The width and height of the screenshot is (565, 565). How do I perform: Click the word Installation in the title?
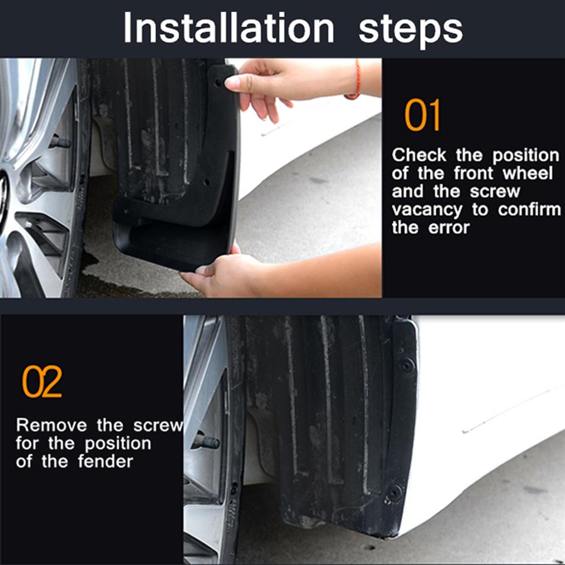tap(229, 28)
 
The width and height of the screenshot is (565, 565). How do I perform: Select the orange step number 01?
tap(422, 115)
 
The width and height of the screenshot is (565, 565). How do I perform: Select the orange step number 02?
tap(42, 381)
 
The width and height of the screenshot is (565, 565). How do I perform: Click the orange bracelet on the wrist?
tap(356, 80)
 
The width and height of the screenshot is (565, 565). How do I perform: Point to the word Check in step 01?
tap(419, 155)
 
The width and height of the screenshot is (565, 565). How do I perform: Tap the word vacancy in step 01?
tap(427, 210)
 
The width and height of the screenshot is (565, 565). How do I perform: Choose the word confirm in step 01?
tap(529, 209)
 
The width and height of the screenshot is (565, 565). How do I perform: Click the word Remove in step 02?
tap(51, 425)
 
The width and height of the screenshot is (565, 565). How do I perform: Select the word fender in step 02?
tap(105, 461)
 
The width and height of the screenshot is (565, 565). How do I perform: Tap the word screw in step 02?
tap(158, 426)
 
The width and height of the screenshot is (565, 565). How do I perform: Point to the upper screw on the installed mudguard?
tap(407, 365)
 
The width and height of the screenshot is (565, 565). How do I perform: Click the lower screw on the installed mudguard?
tap(395, 491)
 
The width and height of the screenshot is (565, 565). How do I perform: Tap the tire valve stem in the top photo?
tap(59, 142)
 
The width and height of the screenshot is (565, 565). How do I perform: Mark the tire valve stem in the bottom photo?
tap(207, 441)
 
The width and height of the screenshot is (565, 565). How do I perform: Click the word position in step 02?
tap(118, 444)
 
